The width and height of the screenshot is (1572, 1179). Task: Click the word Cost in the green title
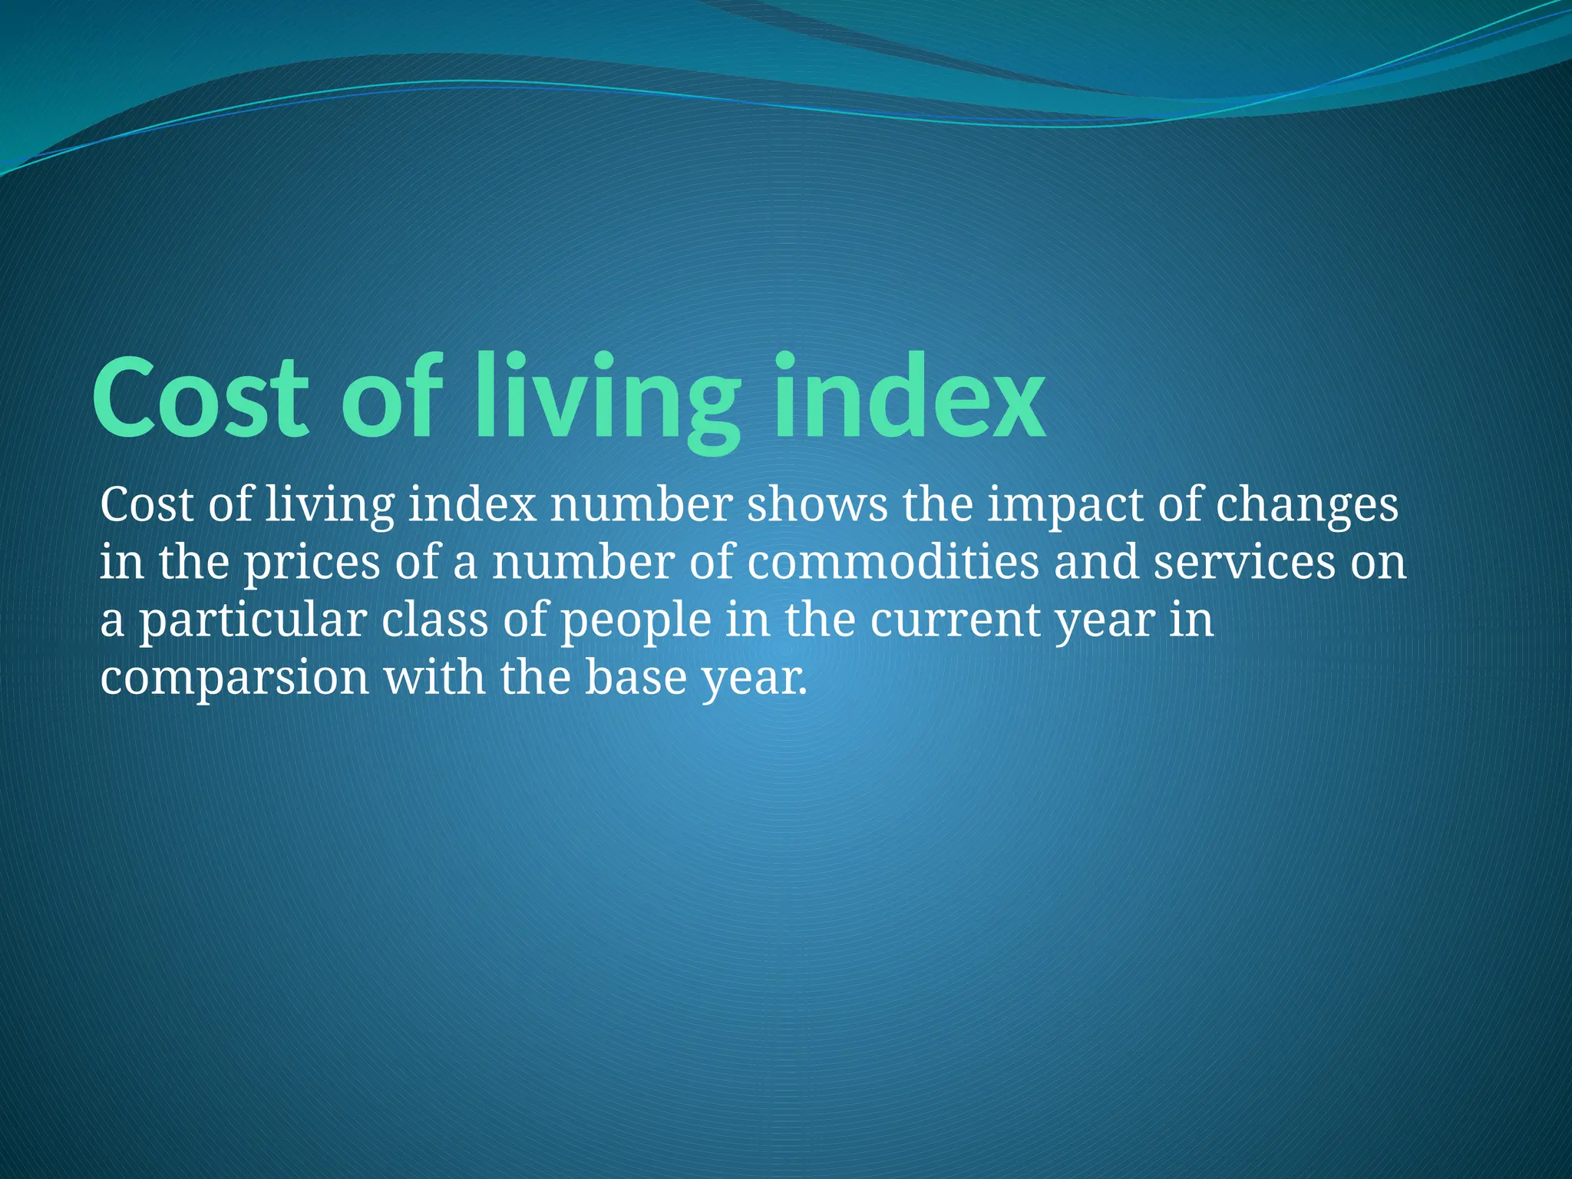coord(201,398)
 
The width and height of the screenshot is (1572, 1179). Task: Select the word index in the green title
coord(909,398)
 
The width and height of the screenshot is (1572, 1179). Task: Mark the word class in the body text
coord(434,620)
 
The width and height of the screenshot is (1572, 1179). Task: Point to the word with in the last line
coord(434,678)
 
